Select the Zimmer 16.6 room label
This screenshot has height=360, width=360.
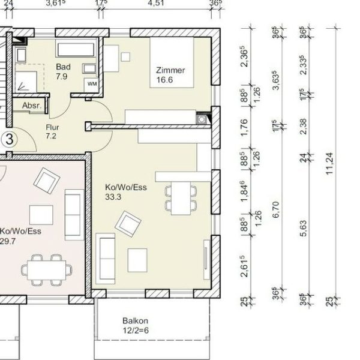[x=170, y=75]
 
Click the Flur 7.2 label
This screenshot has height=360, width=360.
[x=52, y=131]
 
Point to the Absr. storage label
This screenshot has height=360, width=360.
[x=32, y=106]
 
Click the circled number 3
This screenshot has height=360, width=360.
[x=9, y=139]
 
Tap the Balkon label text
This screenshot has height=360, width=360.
[x=135, y=321]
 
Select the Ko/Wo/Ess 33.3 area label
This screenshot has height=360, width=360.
[x=126, y=192]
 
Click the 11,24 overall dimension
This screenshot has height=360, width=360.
[x=330, y=163]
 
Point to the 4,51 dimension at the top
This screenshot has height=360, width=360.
[x=156, y=3]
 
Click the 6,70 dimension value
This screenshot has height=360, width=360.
[x=276, y=209]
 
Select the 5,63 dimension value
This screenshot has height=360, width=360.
[x=303, y=228]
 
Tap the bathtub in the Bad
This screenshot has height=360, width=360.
[x=76, y=49]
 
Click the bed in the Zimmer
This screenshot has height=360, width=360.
[x=172, y=62]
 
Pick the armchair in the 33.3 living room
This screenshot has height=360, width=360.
[x=128, y=224]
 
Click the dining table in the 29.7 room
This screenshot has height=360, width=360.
[x=47, y=270]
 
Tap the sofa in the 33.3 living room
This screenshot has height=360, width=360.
[x=106, y=258]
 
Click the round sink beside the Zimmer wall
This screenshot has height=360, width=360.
[x=202, y=119]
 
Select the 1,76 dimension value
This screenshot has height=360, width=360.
[x=245, y=127]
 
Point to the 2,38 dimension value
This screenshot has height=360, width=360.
[x=303, y=126]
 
